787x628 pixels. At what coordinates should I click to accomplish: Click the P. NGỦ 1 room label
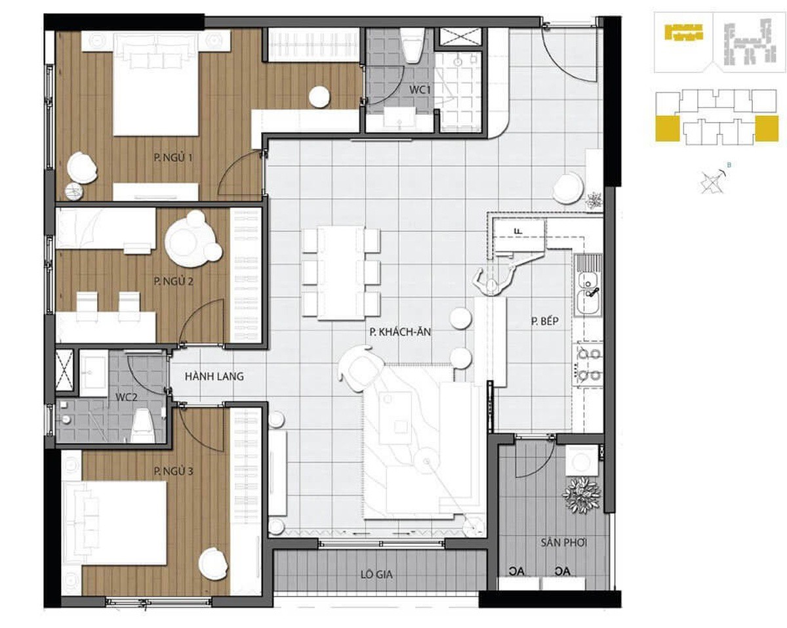[173, 157]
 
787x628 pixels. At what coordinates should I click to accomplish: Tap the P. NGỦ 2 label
[173, 281]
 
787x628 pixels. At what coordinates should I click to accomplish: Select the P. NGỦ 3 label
[173, 471]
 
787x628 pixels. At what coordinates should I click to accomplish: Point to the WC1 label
[420, 90]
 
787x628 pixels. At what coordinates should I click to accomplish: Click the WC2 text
[126, 397]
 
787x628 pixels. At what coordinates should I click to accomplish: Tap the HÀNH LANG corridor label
[214, 376]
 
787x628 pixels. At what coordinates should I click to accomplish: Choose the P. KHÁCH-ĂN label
[400, 332]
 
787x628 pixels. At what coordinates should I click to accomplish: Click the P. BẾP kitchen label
[545, 321]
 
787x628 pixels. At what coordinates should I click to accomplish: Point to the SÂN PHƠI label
[564, 542]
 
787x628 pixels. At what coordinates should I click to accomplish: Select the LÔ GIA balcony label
[376, 575]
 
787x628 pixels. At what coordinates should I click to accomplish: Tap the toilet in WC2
[144, 426]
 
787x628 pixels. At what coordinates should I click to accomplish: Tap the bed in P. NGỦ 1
[156, 84]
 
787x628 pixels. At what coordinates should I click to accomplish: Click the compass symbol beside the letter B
[712, 182]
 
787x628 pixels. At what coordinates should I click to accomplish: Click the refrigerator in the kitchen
[518, 236]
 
